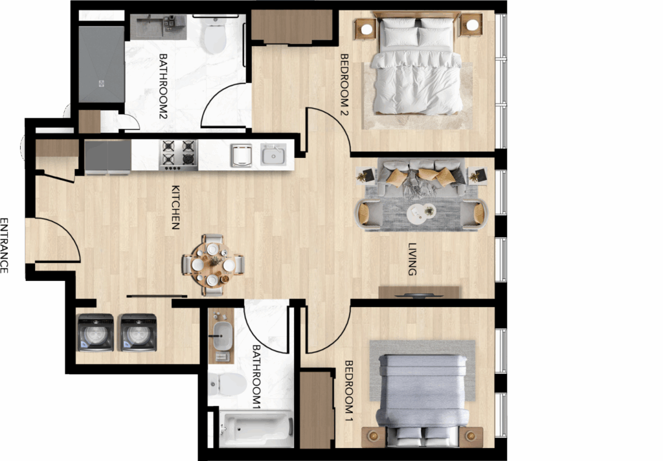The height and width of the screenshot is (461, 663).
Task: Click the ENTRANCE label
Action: click(x=5, y=245)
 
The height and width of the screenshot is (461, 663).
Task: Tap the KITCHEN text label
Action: click(x=176, y=207)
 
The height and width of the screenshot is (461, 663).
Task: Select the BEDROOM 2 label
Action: click(x=344, y=85)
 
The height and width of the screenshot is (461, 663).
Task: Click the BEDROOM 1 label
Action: click(x=349, y=391)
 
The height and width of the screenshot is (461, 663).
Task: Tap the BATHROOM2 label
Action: click(x=163, y=86)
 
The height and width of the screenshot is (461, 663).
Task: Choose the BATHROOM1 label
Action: click(x=256, y=377)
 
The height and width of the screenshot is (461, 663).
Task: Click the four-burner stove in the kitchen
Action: click(x=178, y=155)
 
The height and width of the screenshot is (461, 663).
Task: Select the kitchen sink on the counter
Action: click(x=273, y=155)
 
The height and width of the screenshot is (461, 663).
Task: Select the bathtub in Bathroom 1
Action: click(x=256, y=429)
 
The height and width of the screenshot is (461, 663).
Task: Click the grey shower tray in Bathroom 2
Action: click(x=102, y=64)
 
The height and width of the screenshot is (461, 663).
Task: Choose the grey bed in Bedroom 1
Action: click(x=423, y=399)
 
